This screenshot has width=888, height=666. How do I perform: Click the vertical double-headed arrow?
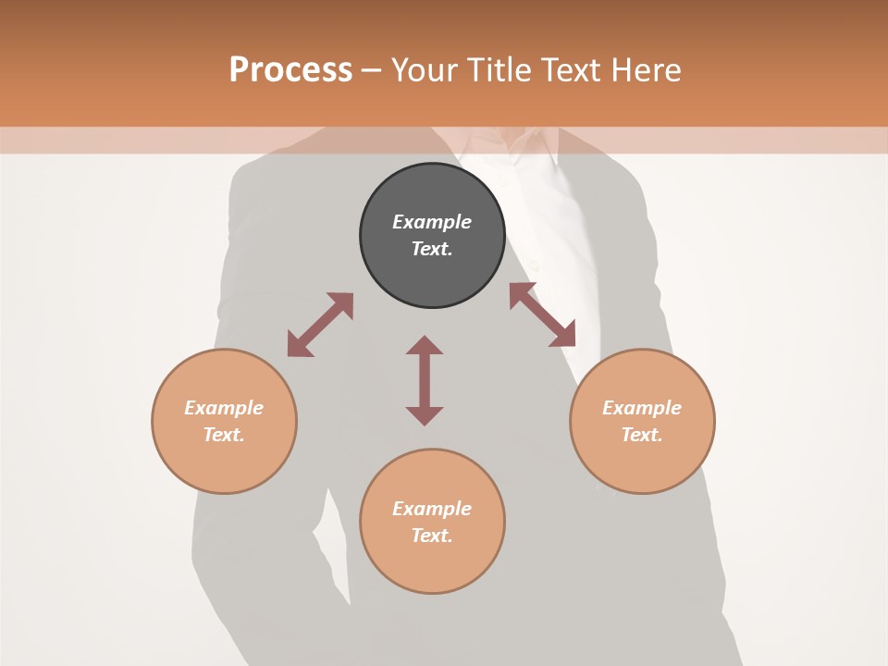click(x=425, y=380)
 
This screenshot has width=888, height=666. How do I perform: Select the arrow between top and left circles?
click(x=320, y=325)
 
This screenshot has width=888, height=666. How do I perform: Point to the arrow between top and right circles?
click(x=542, y=314)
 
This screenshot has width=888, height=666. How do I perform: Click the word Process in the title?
click(x=290, y=70)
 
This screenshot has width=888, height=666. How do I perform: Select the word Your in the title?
click(x=424, y=70)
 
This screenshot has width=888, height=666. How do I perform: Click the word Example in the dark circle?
click(x=432, y=222)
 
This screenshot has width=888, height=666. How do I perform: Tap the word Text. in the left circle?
click(x=224, y=435)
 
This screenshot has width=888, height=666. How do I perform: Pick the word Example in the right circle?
click(x=642, y=408)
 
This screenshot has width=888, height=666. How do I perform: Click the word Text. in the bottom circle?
click(x=432, y=536)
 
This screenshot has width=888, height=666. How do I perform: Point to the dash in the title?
click(x=371, y=70)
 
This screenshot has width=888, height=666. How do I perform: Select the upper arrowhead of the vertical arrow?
click(x=425, y=346)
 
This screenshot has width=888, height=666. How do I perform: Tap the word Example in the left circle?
click(x=224, y=408)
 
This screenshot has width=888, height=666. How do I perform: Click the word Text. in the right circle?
click(x=642, y=435)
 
